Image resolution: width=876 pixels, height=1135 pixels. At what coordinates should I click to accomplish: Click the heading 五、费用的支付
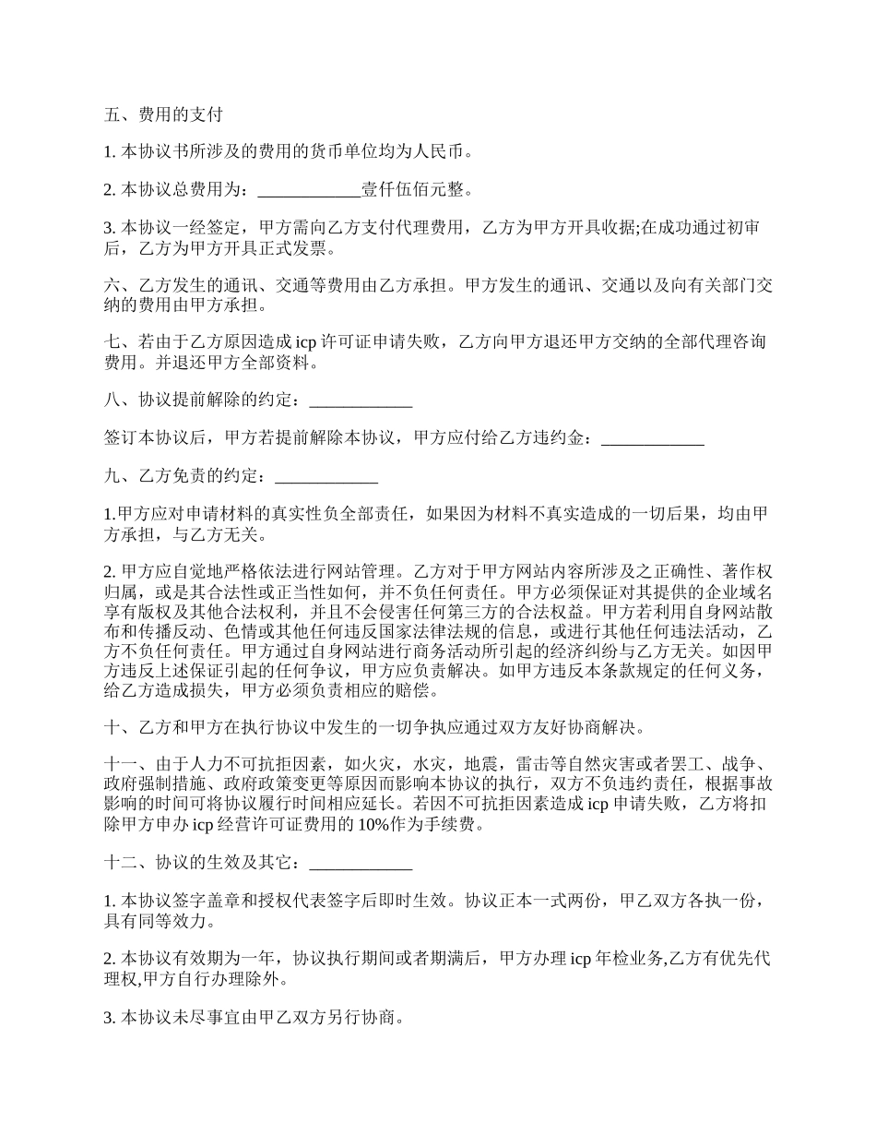pos(163,114)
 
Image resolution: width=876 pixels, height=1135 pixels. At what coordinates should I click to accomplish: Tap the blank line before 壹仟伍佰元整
pos(309,190)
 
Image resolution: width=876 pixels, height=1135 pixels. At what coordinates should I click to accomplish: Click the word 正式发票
pos(286,249)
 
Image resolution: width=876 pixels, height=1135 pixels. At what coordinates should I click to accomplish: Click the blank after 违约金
pos(653,438)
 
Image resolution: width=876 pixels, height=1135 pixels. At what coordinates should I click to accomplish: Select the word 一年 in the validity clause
pos(255,959)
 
